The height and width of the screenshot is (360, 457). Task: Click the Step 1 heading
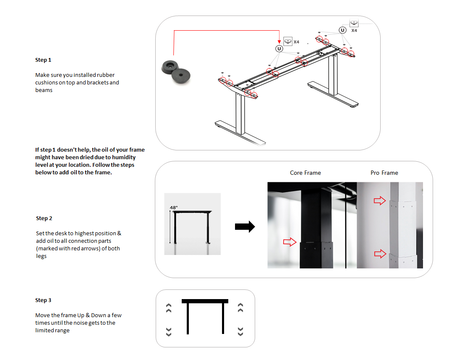coord(43,60)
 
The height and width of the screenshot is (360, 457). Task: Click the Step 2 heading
coord(44,218)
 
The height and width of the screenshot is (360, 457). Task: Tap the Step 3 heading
coord(43,300)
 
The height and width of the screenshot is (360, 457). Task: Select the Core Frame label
coord(305,173)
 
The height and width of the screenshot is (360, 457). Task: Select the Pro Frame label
coord(384,173)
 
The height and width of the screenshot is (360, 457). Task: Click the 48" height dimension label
coord(174,208)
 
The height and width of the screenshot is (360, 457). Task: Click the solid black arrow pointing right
coord(245,227)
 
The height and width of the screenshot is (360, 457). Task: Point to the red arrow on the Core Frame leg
coord(290,242)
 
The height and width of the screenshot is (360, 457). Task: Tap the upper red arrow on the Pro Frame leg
coord(379,201)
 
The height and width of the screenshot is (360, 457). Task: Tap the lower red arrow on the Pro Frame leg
coord(380,253)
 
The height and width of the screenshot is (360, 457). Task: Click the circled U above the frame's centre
coord(279,49)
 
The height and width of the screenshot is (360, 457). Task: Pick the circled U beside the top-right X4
coord(342,30)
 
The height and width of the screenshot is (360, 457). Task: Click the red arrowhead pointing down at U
coord(279,41)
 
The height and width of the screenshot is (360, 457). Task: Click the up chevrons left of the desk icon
coord(169,308)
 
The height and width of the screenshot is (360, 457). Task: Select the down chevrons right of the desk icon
coord(240,331)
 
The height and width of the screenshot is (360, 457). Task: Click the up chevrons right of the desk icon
coord(240,308)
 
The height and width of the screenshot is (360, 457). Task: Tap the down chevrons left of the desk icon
coord(169,331)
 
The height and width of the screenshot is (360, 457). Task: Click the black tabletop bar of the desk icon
coord(205,301)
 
